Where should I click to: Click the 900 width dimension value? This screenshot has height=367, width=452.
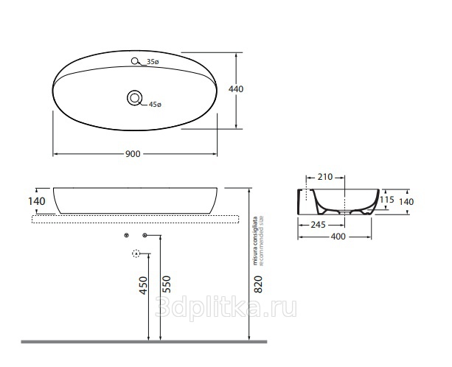133,154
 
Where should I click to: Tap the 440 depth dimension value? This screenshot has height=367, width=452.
236,89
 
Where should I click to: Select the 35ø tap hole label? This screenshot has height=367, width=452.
153,62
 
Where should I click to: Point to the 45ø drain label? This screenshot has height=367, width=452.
155,105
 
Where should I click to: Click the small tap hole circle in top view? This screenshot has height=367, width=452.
134,61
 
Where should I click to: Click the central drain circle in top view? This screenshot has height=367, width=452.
135,98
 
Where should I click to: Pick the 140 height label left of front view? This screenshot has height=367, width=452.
37,201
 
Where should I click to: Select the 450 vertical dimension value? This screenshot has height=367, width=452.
143,285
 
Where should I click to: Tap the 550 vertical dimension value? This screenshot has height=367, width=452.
167,284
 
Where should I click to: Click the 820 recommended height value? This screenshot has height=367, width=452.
258,284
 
